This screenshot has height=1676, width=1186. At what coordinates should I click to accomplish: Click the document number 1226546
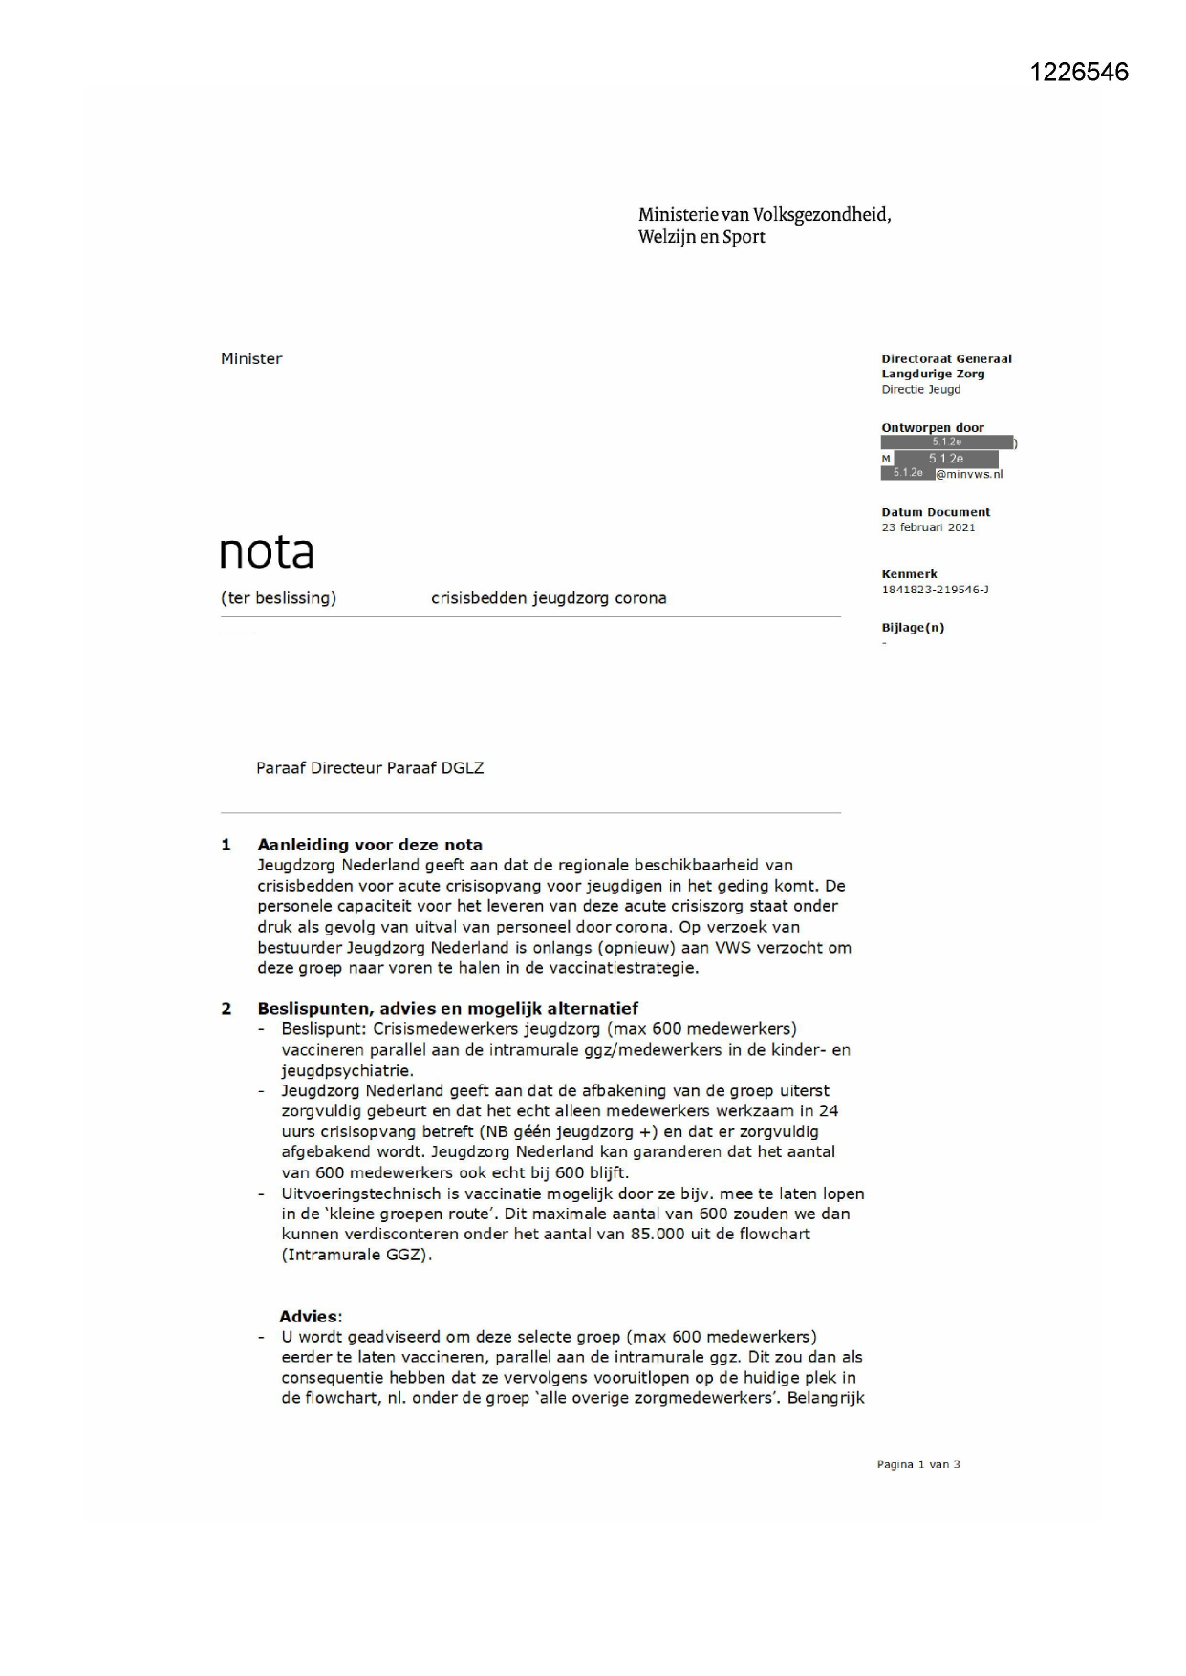1079,73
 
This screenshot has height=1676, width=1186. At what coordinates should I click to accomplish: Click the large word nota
267,552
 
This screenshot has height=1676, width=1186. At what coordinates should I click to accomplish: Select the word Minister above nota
251,359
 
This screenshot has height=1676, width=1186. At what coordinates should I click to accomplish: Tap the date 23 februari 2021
928,527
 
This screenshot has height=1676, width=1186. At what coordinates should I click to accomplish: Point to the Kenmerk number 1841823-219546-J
935,590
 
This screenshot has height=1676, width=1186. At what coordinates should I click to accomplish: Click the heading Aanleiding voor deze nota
370,845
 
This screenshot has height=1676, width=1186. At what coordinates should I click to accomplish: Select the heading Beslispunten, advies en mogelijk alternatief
447,1008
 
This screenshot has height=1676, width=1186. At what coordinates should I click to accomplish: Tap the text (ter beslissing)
278,598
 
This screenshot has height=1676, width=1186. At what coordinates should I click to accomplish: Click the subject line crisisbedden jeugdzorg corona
549,598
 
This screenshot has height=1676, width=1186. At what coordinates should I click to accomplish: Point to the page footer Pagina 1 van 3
918,1464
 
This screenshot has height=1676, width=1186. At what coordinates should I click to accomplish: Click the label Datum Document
936,512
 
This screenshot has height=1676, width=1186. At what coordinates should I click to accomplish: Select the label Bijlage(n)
913,628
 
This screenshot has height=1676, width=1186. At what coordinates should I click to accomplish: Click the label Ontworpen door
933,428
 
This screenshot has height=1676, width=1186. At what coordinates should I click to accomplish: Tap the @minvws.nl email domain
969,474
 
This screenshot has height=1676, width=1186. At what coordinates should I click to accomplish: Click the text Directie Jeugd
921,390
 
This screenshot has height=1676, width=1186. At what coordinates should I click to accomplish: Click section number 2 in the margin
226,1008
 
